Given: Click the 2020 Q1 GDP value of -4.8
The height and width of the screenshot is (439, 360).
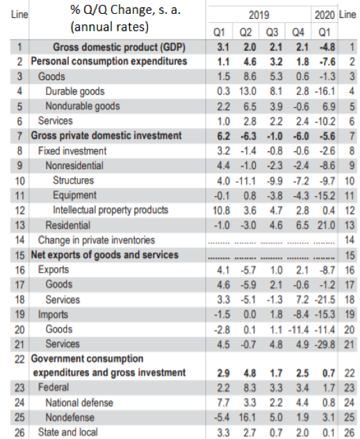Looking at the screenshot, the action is coord(327,47).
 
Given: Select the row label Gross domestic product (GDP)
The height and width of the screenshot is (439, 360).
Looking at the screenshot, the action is coord(119,47).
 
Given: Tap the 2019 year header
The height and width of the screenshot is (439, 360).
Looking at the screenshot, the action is coord(259,15).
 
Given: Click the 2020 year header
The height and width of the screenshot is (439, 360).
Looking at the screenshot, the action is coord(325,15).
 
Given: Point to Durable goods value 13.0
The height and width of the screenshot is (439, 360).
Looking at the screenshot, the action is coord(247,91).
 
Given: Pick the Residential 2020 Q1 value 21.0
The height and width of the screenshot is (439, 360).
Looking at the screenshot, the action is coord(326,225).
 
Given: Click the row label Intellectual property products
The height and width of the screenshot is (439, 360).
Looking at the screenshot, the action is coord(111,210).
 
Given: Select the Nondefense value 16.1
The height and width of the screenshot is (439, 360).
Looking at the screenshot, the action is coord(247,417).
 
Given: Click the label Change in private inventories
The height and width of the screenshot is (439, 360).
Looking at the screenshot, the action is coord(96,240).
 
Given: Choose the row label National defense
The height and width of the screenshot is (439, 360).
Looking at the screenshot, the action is coord(79,403).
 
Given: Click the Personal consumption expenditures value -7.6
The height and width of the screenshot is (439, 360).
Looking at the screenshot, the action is coord(327,62).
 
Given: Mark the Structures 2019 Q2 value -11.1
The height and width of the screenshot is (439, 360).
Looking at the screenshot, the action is coord(245,181).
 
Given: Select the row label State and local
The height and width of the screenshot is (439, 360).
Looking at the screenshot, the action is coord(67,432).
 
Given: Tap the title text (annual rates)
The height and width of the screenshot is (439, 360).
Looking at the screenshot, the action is coord(109,27).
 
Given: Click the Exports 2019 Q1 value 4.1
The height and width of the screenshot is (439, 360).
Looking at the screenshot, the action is coord(223,270).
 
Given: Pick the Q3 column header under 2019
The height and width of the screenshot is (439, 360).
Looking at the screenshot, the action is coord(272,33).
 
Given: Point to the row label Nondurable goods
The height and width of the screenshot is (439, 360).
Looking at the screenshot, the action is coord(83,106).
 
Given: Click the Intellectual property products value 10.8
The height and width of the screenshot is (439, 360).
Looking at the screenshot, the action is coord(222,210).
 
